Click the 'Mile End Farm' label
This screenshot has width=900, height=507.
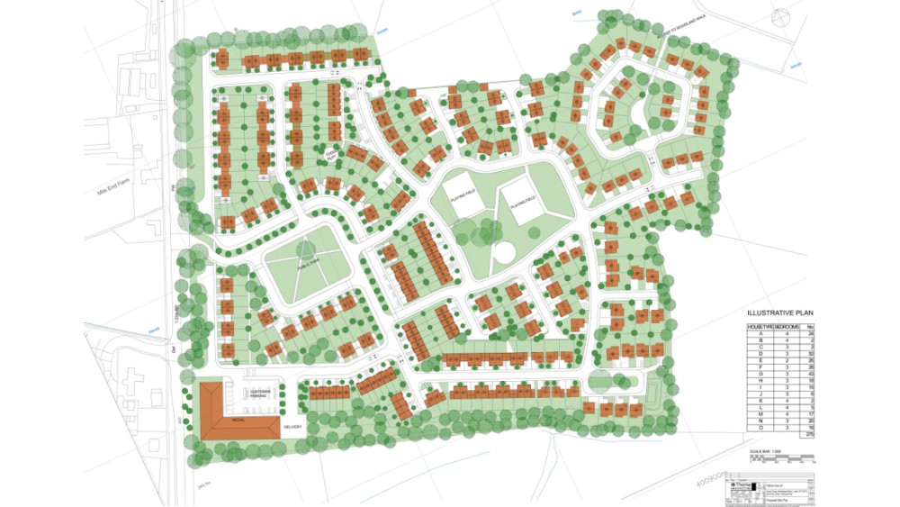[112, 167]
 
